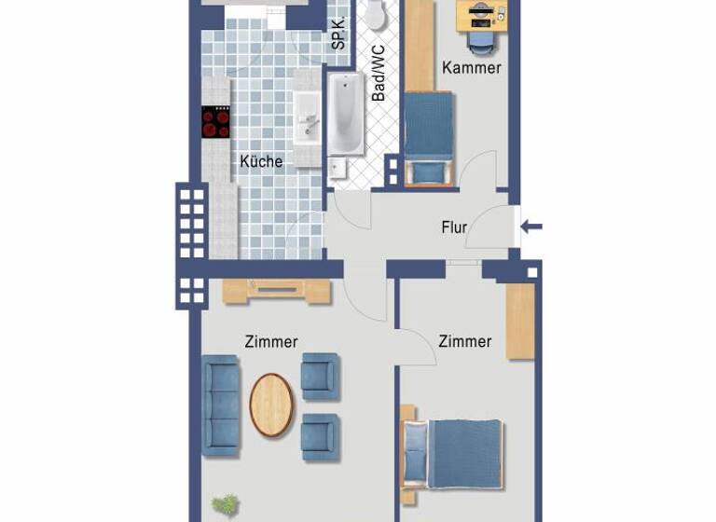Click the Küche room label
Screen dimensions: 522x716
tap(261, 161)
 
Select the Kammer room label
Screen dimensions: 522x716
tap(472, 67)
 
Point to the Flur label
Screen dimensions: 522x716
tap(454, 227)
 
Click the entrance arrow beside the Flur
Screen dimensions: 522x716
tap(530, 227)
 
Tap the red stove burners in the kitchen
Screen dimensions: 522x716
tap(215, 122)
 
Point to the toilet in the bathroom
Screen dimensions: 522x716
tap(376, 13)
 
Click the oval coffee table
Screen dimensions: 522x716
tap(271, 405)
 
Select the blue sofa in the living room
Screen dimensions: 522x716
tap(221, 405)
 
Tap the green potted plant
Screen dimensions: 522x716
tap(224, 506)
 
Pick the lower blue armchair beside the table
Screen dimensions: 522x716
tap(319, 436)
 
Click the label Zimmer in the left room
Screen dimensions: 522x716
tap(271, 342)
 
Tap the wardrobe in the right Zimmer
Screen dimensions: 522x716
tap(520, 321)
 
